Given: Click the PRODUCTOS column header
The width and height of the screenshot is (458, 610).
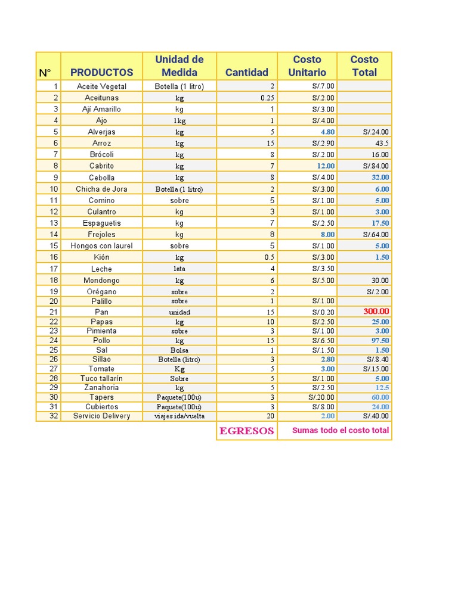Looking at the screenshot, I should (101, 73).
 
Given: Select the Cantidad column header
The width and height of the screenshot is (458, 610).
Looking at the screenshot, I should (247, 73).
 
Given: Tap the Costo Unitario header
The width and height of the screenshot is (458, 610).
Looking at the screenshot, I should (307, 66).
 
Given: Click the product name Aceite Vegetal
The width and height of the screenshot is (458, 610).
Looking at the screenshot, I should (101, 86).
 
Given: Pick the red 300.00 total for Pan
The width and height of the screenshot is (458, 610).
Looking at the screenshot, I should (376, 312).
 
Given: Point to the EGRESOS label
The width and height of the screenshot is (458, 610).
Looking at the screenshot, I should (247, 431).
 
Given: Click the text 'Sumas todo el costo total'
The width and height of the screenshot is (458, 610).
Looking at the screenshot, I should (340, 431).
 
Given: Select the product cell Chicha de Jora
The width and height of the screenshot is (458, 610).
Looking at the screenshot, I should (101, 189).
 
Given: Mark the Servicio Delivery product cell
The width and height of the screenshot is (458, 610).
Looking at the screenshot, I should (101, 416).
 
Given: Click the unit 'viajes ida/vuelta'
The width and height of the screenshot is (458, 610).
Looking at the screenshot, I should (180, 416).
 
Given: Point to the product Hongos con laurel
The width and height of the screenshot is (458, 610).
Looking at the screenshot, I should (101, 246).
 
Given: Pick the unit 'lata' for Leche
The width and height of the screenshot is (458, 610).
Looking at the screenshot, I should (179, 269).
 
